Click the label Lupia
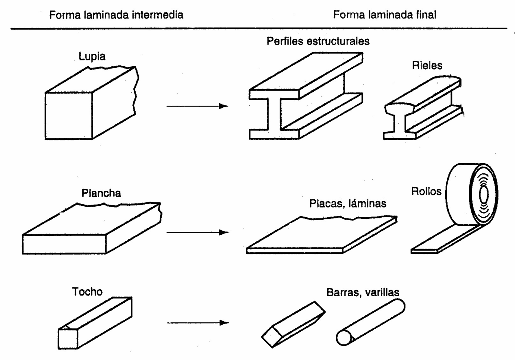(x=92, y=56)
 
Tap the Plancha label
(x=101, y=193)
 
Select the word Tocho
(x=87, y=291)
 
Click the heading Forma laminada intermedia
(x=116, y=15)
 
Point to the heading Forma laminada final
(x=384, y=15)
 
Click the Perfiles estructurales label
(x=318, y=41)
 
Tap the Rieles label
(x=427, y=66)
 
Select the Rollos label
(x=426, y=191)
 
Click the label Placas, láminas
(x=347, y=203)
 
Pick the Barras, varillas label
(x=363, y=292)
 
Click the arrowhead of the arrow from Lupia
(x=224, y=106)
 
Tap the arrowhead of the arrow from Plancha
(x=224, y=233)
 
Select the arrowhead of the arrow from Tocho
(x=224, y=322)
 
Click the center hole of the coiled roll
(x=484, y=195)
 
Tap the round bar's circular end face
(x=343, y=338)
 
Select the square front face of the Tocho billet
(x=68, y=339)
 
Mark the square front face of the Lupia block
(x=69, y=116)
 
